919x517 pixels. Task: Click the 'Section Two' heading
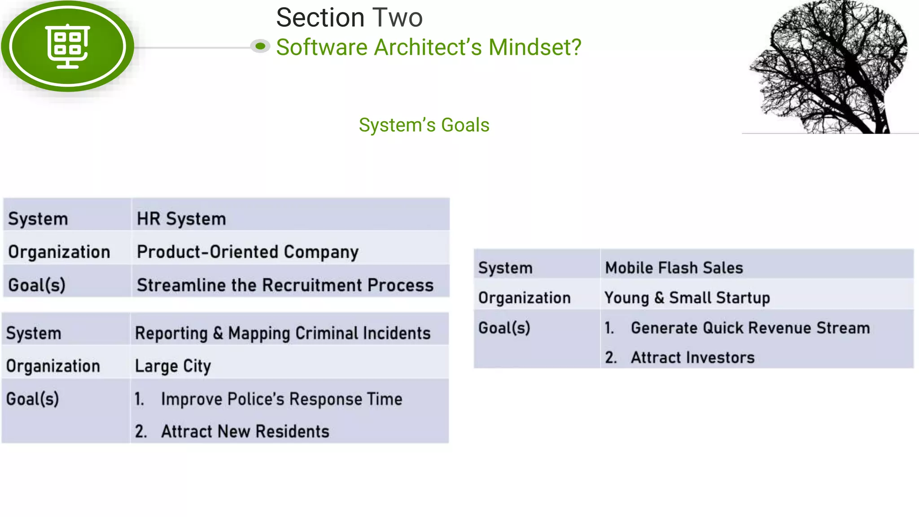point(349,18)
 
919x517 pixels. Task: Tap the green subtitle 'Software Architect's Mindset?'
point(429,47)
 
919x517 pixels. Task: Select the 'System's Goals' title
point(424,125)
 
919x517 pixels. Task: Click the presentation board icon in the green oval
point(68,46)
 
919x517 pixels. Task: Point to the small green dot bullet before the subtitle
point(260,46)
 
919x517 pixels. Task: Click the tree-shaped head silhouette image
point(830,67)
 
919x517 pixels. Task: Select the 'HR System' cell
point(181,219)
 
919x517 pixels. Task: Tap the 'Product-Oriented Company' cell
point(247,252)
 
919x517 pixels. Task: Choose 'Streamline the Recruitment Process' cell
point(285,285)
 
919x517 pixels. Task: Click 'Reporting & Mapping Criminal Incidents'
point(283,333)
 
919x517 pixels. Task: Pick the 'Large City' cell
point(173,366)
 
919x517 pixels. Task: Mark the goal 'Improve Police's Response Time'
point(281,399)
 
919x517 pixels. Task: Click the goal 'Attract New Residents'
point(245,431)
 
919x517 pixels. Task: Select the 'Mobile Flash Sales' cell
point(674,268)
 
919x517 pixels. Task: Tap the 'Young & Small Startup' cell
point(687,298)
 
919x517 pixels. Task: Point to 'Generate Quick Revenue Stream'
point(750,328)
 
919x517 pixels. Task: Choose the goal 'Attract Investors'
point(692,358)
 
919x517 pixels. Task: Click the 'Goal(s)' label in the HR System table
point(37,285)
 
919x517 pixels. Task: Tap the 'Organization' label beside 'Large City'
point(53,366)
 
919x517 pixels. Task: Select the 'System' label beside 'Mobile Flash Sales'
point(505,268)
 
